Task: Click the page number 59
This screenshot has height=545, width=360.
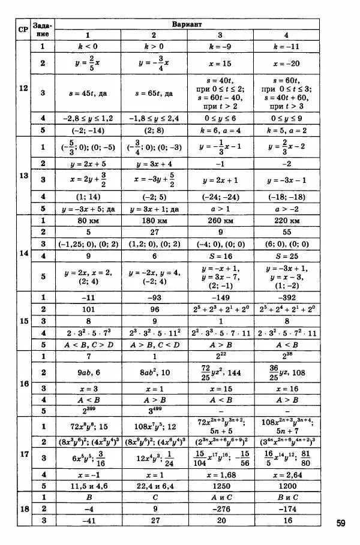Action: coord(340,523)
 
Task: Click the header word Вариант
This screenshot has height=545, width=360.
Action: coord(187,25)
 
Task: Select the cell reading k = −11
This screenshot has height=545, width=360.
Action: coord(286,46)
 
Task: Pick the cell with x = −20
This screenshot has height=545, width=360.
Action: coord(286,63)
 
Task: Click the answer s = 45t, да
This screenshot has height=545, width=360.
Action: coord(88,94)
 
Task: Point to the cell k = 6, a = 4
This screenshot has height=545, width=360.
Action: coord(220,130)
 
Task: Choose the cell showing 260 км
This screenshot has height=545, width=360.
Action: coord(220,220)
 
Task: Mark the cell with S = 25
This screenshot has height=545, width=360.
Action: coord(286,255)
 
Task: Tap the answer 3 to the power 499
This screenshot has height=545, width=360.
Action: coord(154,410)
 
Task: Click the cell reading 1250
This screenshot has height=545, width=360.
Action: coord(220,484)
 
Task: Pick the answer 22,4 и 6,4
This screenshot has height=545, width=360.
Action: coord(154,484)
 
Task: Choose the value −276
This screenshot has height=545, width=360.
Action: coord(220,508)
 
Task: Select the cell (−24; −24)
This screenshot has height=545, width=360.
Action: coord(220,197)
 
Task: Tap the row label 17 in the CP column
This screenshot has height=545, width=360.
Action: coord(23,453)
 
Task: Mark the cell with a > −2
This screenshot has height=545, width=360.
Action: coord(286,209)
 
